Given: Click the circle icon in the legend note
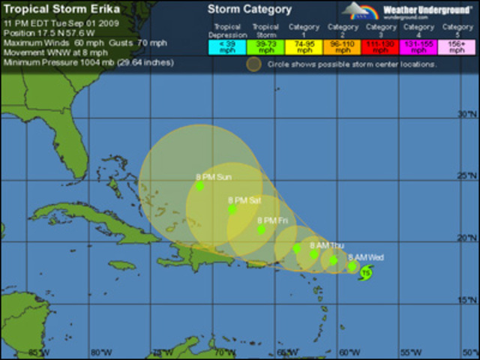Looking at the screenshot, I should (254, 64).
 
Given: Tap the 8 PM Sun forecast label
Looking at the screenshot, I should (214, 178).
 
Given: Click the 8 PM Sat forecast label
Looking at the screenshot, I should (244, 200).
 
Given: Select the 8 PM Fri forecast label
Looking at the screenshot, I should (272, 220).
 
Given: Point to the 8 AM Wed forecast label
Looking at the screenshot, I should (366, 257).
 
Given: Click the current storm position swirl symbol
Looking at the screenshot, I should (365, 273).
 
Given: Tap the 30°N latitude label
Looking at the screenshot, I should (468, 114).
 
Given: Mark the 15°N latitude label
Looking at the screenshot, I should (468, 300).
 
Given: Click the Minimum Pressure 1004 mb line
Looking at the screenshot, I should (88, 62).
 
